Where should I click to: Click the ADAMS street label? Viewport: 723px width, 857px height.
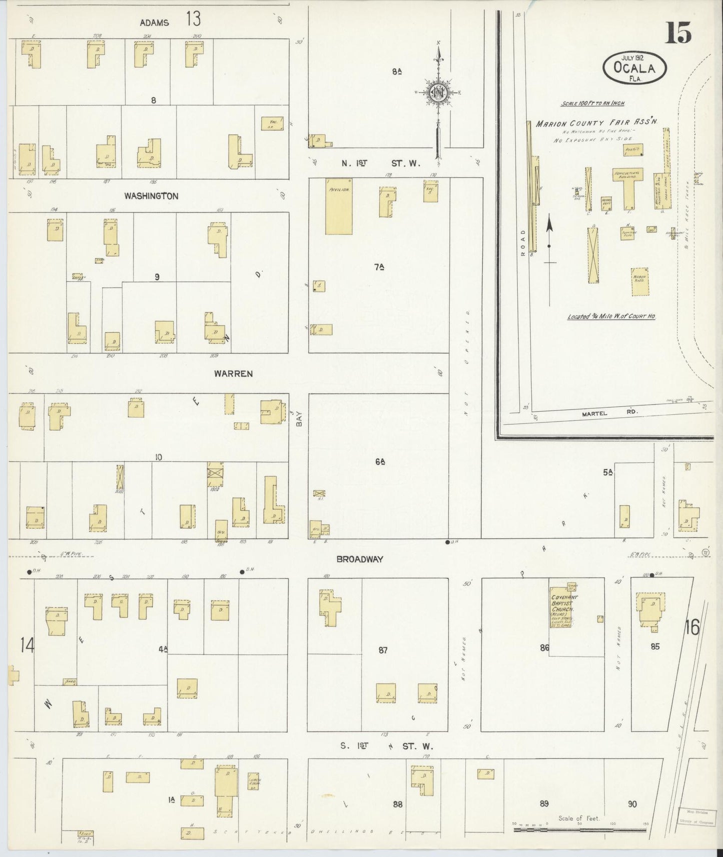click(x=154, y=22)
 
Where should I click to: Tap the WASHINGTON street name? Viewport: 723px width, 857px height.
click(x=151, y=196)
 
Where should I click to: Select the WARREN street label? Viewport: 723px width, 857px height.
click(x=233, y=373)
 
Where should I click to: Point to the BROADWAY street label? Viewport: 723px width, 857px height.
click(x=360, y=559)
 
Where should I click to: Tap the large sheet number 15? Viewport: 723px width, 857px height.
click(x=678, y=34)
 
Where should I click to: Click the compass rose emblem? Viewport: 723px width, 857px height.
click(x=437, y=91)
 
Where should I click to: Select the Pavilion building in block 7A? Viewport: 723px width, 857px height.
click(x=339, y=206)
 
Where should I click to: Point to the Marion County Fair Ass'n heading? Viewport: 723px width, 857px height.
click(x=596, y=122)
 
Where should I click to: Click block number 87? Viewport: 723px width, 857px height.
click(x=383, y=650)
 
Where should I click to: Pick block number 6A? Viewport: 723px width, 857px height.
click(x=379, y=462)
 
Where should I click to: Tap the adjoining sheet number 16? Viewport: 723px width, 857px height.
click(x=692, y=627)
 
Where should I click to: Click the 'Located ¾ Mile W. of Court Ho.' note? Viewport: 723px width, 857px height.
click(x=611, y=316)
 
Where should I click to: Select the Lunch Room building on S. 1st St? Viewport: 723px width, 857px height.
click(x=254, y=783)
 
